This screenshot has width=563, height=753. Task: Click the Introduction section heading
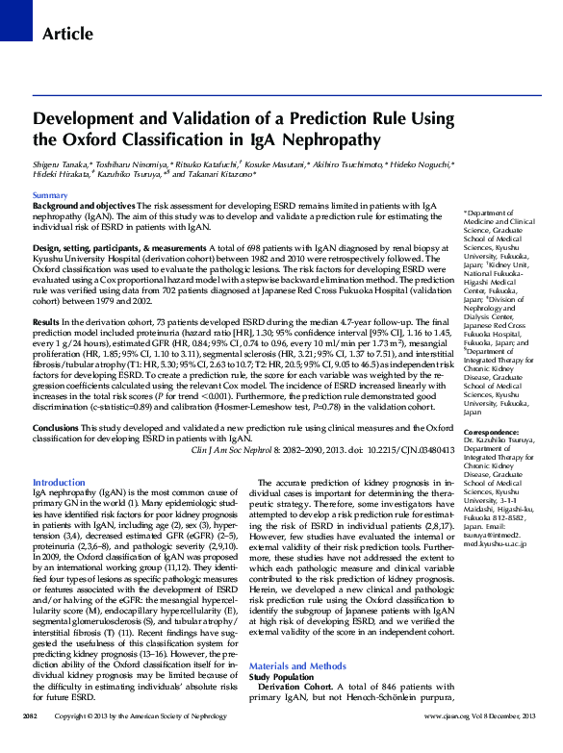[x=59, y=482]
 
